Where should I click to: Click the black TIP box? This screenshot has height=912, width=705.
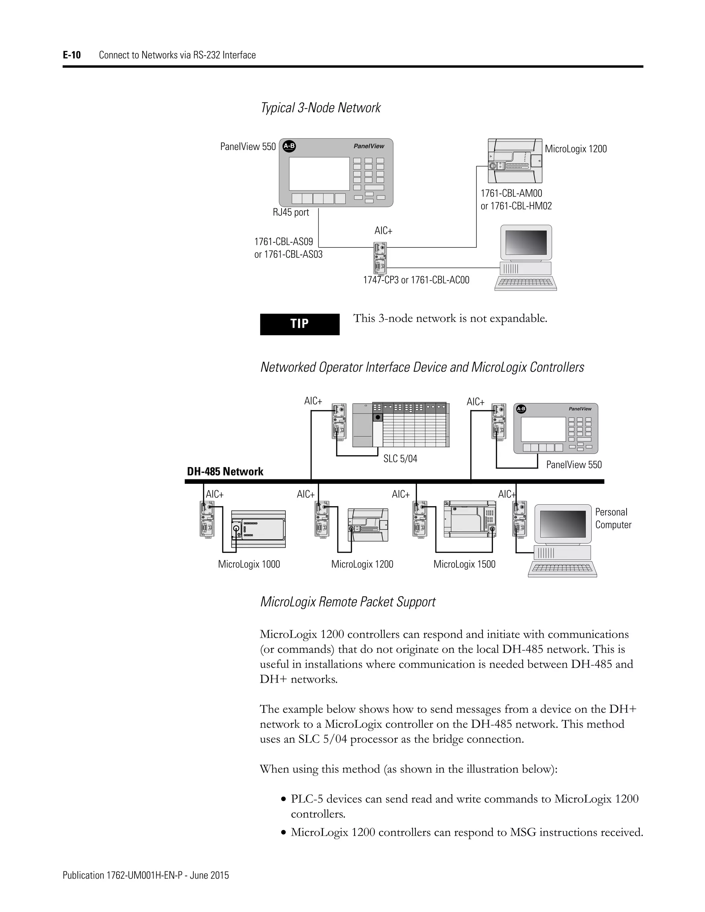coord(299,324)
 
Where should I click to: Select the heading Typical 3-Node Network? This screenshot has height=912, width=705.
coord(320,108)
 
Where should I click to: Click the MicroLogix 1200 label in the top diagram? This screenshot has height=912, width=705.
coord(576,149)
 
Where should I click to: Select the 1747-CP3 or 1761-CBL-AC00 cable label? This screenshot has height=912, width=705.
coord(416,280)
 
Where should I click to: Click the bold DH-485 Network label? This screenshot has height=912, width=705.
coord(225,471)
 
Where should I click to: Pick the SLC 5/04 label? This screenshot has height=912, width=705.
coord(400,458)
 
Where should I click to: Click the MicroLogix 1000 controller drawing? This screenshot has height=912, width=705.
coord(259,529)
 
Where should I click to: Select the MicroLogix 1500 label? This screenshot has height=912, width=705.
coord(464,564)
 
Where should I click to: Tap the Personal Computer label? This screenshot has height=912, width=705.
coord(613,518)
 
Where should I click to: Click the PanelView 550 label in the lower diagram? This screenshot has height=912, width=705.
coord(574,464)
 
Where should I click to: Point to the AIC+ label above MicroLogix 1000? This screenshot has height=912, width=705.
coord(215,494)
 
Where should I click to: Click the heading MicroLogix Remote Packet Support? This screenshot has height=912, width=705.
coord(347,602)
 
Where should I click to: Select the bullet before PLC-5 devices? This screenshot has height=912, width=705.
coord(284,799)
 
